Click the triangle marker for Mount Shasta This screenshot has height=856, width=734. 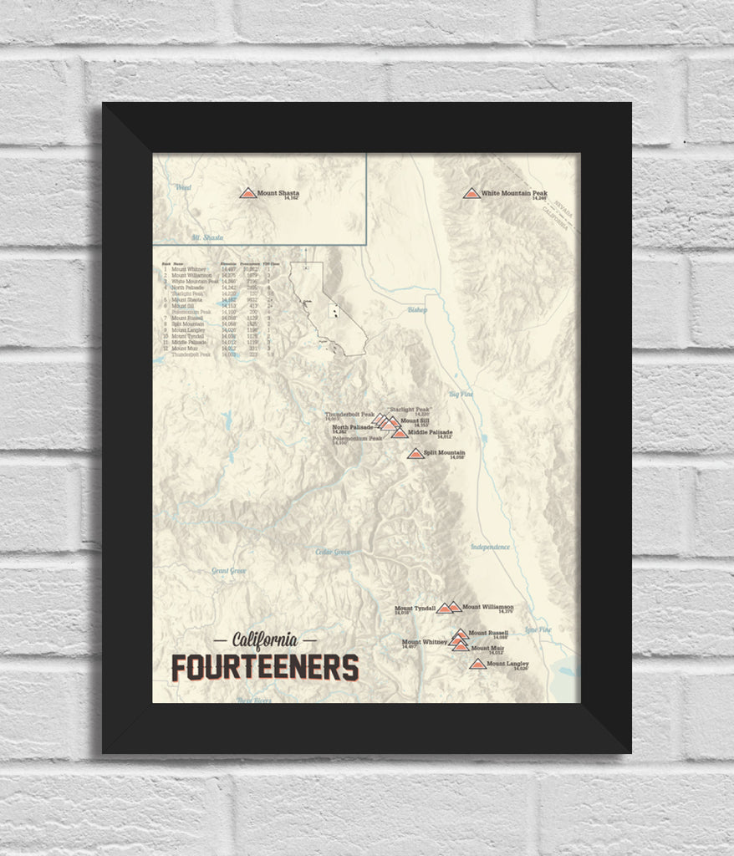tap(247, 193)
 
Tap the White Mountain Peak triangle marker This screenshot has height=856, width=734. tap(471, 193)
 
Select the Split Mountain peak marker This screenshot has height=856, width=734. tap(415, 454)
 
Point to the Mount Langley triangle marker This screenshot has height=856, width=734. tap(477, 665)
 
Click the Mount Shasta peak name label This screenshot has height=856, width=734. tap(278, 193)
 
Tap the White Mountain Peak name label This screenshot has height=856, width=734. tap(513, 193)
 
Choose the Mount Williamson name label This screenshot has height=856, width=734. tap(488, 607)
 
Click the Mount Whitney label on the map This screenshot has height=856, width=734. tap(425, 642)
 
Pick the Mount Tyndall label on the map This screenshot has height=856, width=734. tap(415, 609)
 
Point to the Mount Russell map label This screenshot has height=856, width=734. tap(488, 633)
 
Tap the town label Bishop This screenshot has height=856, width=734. tap(417, 310)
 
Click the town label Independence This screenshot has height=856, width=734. tap(490, 547)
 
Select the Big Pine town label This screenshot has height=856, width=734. tap(461, 394)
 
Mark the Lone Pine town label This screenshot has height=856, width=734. tap(538, 629)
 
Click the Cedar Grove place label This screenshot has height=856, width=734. tap(333, 552)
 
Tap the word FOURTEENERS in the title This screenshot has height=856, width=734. tap(265, 668)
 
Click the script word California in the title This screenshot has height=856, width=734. tap(265, 640)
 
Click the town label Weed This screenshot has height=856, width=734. tap(183, 187)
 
